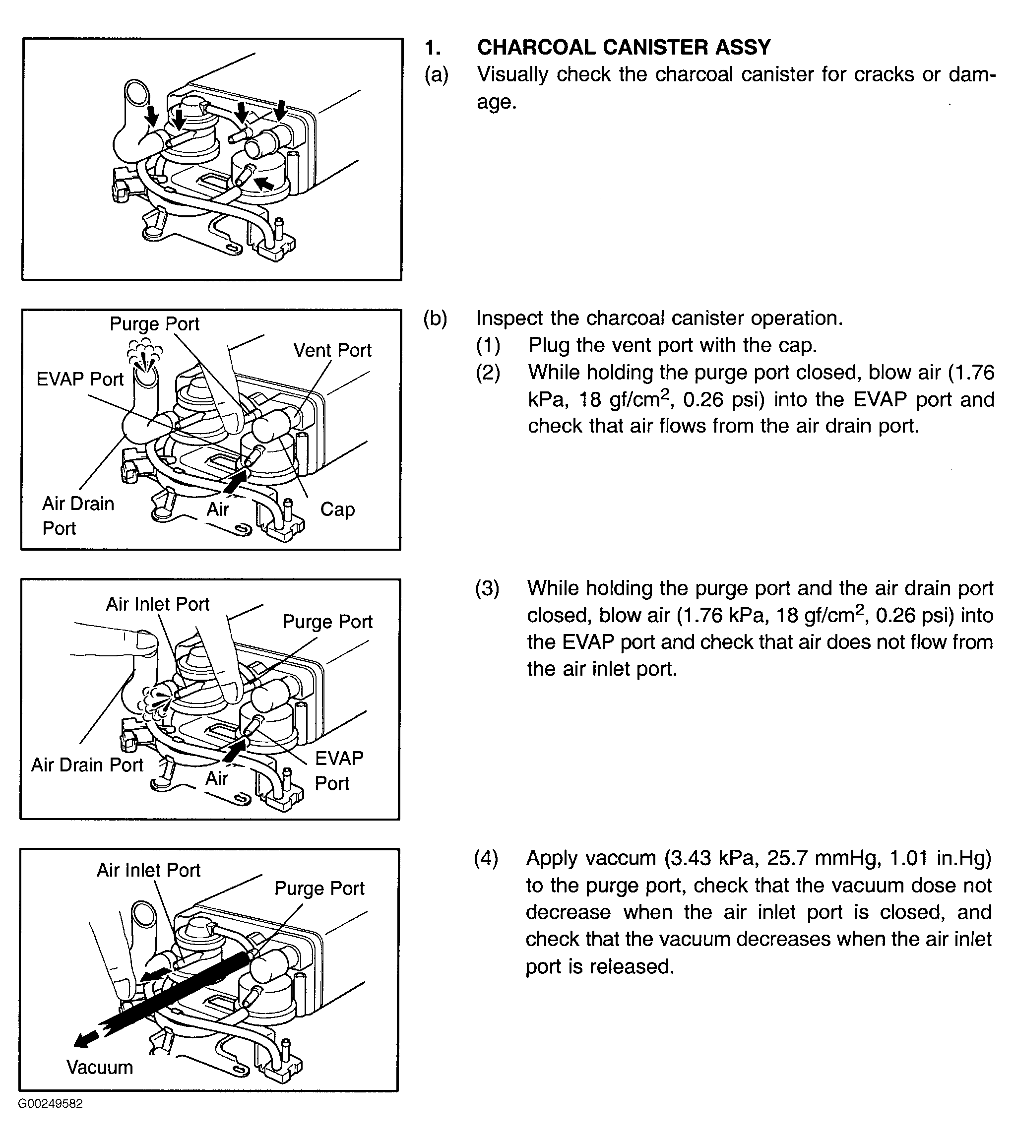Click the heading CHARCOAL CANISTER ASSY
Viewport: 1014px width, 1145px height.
(624, 48)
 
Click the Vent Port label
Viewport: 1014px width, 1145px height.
(332, 350)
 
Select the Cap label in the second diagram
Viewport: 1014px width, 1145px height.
(337, 509)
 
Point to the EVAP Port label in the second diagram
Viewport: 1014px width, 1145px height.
(79, 379)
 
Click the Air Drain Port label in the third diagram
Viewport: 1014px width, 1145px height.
(87, 764)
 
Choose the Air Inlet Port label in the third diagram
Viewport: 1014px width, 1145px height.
(157, 604)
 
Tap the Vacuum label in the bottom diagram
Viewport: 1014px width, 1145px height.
(100, 1067)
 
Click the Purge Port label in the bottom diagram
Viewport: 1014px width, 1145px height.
(319, 889)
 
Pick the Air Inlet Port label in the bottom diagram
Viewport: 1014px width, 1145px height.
(148, 870)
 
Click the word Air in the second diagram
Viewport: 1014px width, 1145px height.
(218, 509)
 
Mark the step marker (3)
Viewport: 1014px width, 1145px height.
(487, 588)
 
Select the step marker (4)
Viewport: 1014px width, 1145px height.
(486, 858)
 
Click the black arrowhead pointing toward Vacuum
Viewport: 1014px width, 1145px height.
(84, 1040)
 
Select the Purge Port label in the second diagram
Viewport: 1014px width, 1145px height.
(155, 324)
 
